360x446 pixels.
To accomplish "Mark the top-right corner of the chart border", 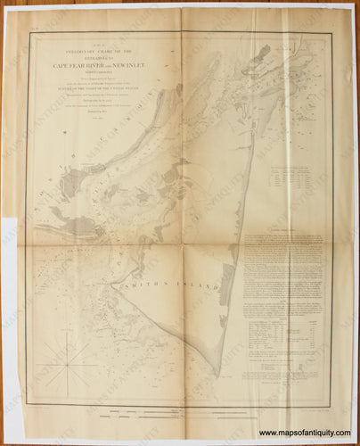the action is tap(332, 33).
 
